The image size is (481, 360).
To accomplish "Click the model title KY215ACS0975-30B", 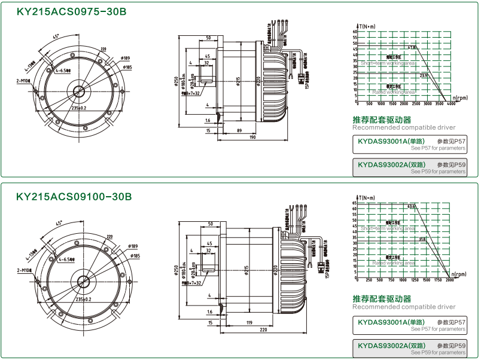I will pos(71,11).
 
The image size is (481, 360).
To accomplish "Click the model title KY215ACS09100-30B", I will pos(74,196).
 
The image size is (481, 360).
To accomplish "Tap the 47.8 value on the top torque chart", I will pos(412,47).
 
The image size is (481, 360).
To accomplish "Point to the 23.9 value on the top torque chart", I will pos(424,76).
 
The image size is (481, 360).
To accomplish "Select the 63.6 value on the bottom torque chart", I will pos(412,207).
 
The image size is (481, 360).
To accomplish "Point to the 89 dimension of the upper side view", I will pos(239,130).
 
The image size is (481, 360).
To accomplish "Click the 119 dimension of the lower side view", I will pos(247,322).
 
